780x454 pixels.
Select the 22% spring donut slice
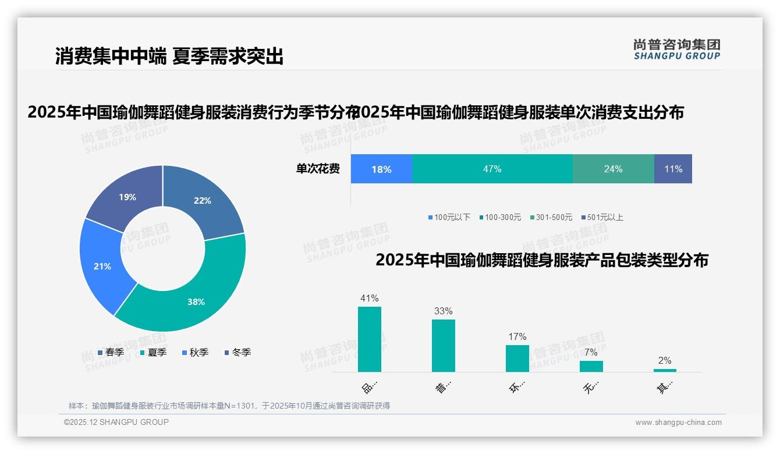click(207, 201)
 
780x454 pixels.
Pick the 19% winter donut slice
click(125, 195)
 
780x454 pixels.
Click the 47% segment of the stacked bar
click(492, 169)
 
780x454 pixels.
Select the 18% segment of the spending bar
click(381, 169)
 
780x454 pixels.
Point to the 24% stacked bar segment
click(613, 169)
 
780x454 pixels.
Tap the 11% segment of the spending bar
click(673, 169)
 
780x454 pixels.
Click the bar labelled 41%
click(370, 339)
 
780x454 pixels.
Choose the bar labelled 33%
click(444, 346)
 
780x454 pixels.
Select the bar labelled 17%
click(517, 359)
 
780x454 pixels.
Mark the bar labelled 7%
click(591, 366)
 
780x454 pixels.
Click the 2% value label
click(665, 360)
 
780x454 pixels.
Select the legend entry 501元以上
click(605, 217)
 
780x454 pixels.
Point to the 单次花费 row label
click(318, 169)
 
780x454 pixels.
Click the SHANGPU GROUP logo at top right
click(677, 49)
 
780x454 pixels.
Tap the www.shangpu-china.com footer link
click(678, 422)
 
